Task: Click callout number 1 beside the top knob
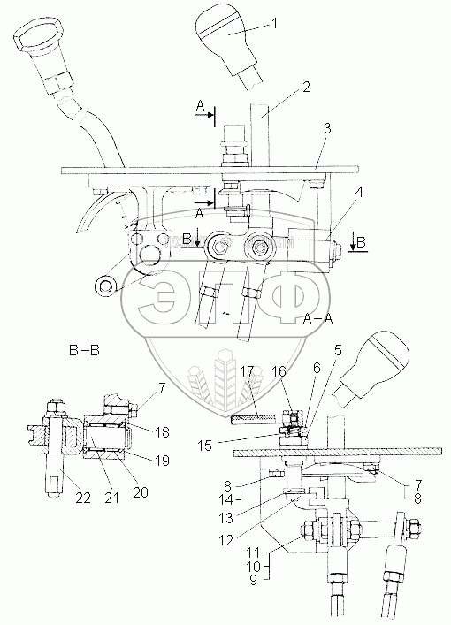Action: (273, 24)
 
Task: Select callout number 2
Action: (306, 87)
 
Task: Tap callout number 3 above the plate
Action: (327, 129)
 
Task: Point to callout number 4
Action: (359, 193)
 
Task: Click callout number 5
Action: (338, 351)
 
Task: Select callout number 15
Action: (206, 446)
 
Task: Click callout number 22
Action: (83, 498)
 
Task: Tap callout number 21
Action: (111, 498)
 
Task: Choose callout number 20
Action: (140, 492)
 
